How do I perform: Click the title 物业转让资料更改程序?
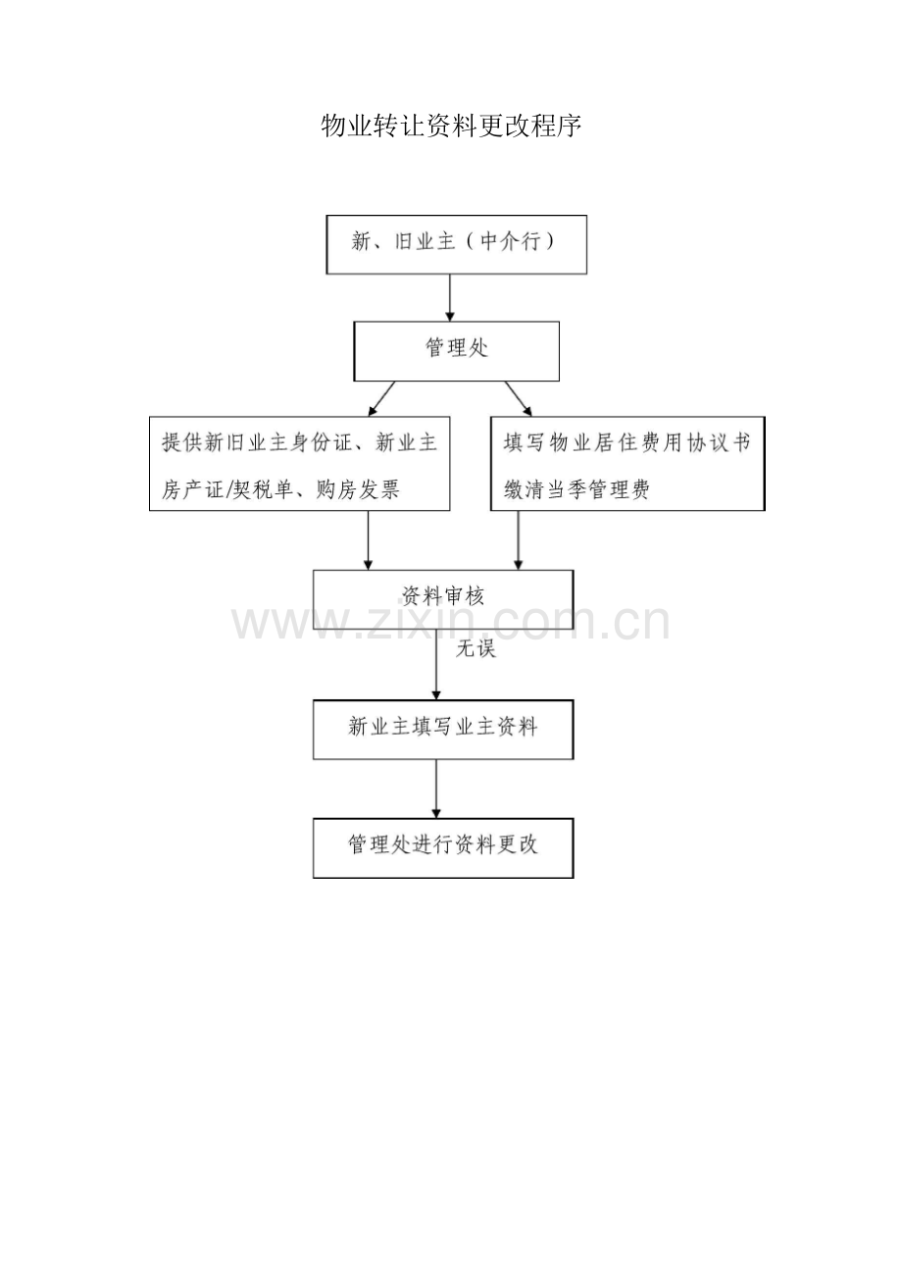451,126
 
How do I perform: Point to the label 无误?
476,648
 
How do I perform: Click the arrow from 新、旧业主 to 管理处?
450,297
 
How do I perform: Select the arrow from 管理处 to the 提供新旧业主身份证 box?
381,399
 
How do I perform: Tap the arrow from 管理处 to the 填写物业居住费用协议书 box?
519,399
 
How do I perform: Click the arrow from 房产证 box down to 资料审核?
368,540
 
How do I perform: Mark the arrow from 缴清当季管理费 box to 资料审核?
519,540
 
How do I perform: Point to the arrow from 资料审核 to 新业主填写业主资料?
436,665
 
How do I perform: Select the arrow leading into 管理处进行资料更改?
436,790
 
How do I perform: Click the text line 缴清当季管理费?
576,489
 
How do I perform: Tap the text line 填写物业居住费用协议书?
626,443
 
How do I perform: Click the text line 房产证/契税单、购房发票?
280,489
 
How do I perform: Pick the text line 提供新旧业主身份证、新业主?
299,442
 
